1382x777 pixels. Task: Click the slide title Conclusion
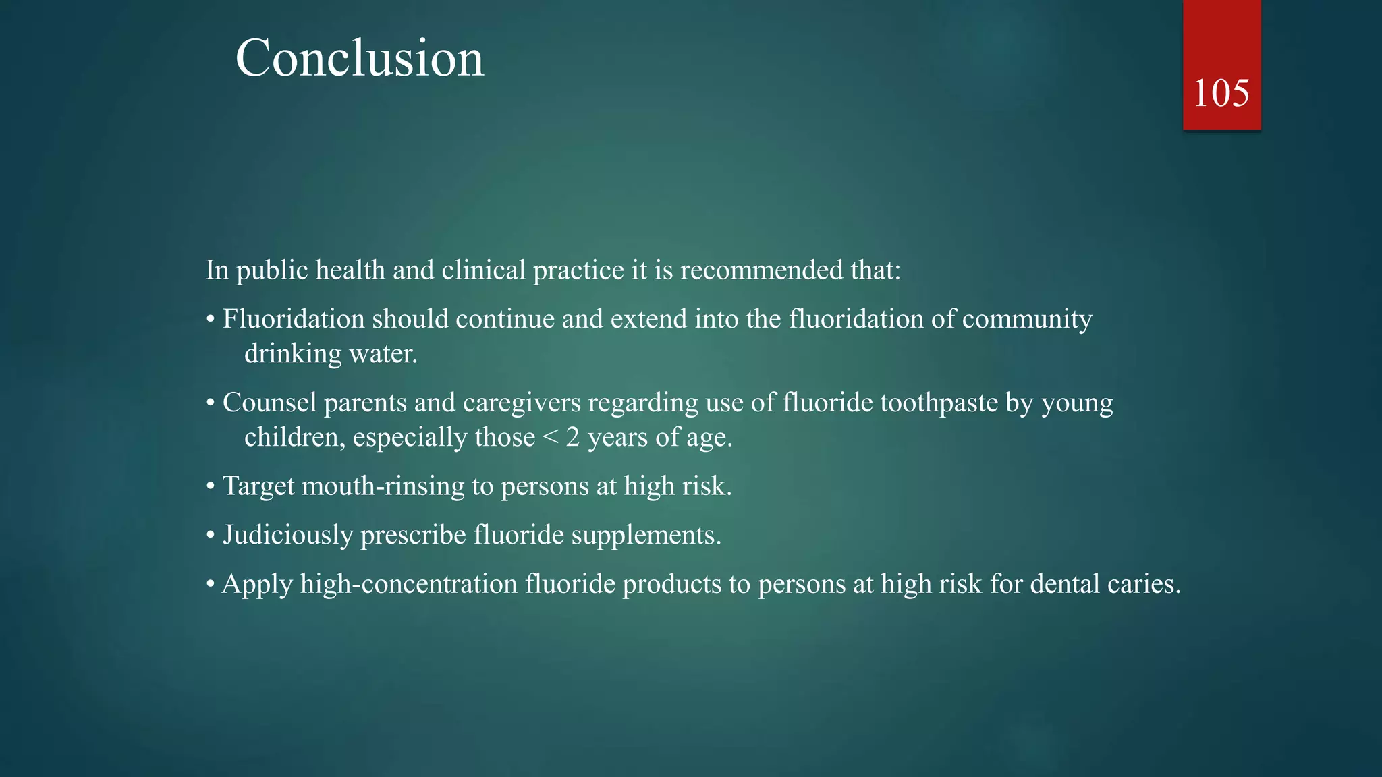tap(359, 59)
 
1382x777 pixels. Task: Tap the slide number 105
tap(1221, 93)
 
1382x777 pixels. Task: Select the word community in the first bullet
tap(1026, 320)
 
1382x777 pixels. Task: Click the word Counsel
tap(269, 403)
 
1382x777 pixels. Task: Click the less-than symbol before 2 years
tap(550, 438)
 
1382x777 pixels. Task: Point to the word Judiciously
tap(287, 535)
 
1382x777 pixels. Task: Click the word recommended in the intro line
tap(761, 270)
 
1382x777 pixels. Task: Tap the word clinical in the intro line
tap(483, 270)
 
